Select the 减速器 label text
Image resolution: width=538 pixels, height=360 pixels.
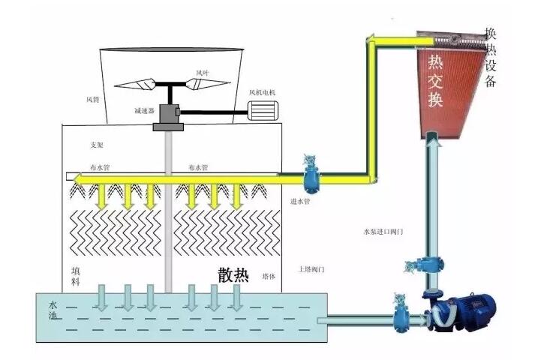[144, 111]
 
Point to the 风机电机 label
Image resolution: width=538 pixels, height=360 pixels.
[263, 92]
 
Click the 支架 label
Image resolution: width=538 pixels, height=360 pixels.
[95, 145]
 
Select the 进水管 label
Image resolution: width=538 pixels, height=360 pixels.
[300, 201]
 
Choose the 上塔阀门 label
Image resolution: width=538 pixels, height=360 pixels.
[310, 268]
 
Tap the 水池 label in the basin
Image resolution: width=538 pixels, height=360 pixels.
[53, 314]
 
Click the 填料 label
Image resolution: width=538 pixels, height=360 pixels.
[75, 275]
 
